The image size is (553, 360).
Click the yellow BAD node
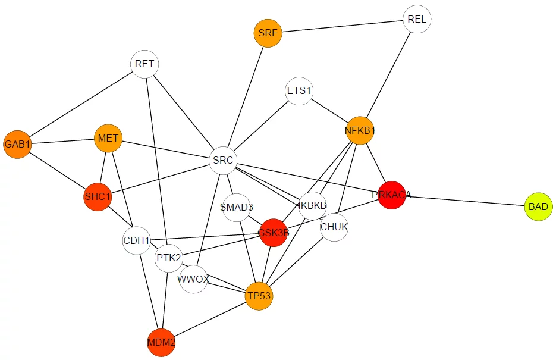tap(538, 206)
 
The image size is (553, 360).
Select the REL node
tap(417, 19)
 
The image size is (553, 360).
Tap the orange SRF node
tap(268, 33)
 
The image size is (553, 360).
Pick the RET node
tap(144, 64)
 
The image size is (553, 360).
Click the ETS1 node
tap(299, 91)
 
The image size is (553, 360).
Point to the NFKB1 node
tap(360, 130)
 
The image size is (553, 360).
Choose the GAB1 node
tap(17, 145)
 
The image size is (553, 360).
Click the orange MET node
tap(108, 138)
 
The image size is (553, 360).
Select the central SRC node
tap(223, 160)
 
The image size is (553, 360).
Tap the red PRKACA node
tap(391, 195)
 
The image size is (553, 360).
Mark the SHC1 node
tap(98, 196)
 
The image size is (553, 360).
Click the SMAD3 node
tap(236, 207)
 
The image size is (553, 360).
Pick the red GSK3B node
tap(274, 233)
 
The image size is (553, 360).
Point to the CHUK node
tap(334, 227)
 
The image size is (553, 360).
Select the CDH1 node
tap(137, 240)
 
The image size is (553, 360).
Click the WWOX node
tap(193, 279)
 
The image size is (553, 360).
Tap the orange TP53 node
tap(259, 296)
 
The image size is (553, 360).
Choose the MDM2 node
tap(161, 342)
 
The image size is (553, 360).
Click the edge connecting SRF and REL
tap(342, 26)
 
